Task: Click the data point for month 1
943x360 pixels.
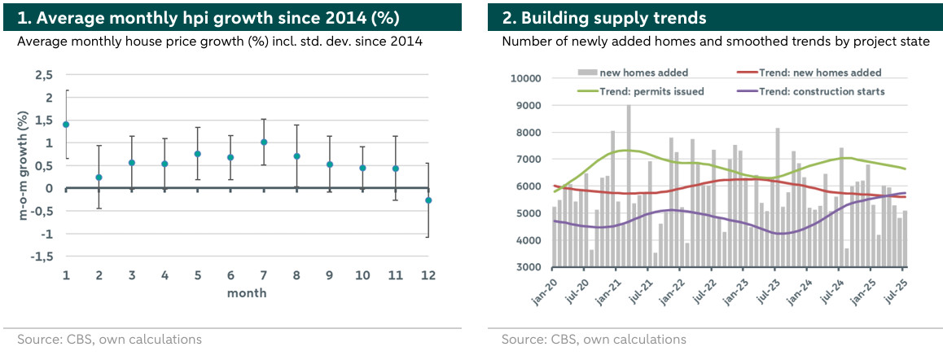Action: click(66, 125)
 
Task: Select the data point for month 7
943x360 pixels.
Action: click(264, 143)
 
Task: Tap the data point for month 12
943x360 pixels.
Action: click(428, 200)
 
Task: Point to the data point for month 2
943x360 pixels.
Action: click(99, 178)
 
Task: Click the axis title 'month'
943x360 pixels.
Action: click(247, 292)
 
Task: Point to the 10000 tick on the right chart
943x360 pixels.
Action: click(526, 79)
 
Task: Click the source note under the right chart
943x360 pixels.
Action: click(594, 339)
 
